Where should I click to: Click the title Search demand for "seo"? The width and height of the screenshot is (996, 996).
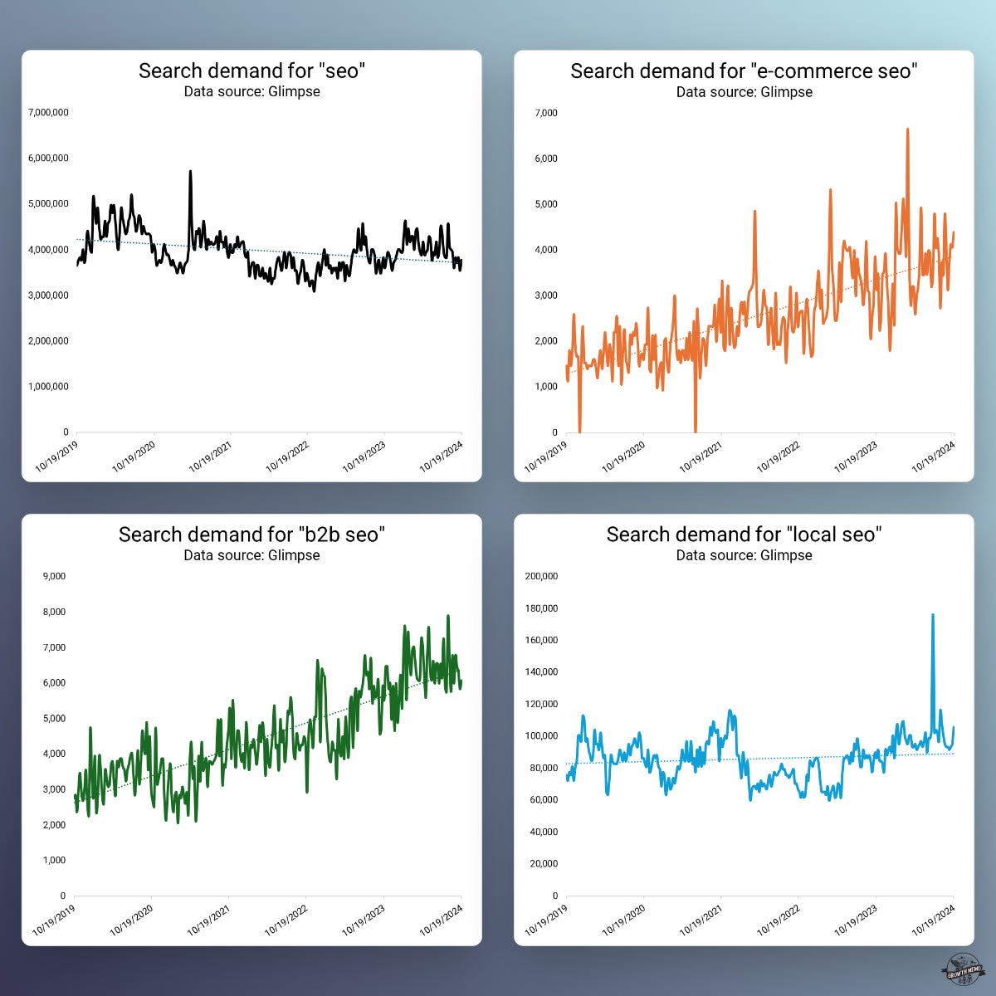click(251, 71)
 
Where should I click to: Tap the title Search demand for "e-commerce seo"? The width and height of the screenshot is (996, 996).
click(744, 71)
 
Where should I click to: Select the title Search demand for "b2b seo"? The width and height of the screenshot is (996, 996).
click(251, 534)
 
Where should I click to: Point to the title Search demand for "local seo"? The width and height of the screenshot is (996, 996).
click(744, 534)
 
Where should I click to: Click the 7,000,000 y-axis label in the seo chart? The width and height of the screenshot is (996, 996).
click(48, 112)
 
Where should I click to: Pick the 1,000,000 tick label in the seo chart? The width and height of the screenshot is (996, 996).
click(48, 386)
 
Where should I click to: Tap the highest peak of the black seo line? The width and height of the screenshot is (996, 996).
click(190, 173)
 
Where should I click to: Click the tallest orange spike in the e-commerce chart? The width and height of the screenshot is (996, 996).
click(907, 130)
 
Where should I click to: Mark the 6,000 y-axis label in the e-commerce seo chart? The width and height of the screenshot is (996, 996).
click(545, 158)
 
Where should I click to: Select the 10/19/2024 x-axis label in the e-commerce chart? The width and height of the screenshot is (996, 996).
click(934, 456)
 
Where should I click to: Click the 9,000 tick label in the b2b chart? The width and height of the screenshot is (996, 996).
click(53, 576)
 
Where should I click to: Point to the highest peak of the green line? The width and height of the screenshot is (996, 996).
click(448, 617)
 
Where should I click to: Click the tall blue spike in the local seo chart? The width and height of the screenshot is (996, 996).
click(933, 616)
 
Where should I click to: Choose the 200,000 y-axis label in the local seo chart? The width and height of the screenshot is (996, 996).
click(541, 576)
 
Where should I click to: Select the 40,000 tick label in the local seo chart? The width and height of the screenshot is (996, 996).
click(544, 832)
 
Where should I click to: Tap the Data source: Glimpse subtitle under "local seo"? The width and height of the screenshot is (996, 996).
click(744, 555)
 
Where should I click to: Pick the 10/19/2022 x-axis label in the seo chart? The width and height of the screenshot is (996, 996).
click(287, 456)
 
